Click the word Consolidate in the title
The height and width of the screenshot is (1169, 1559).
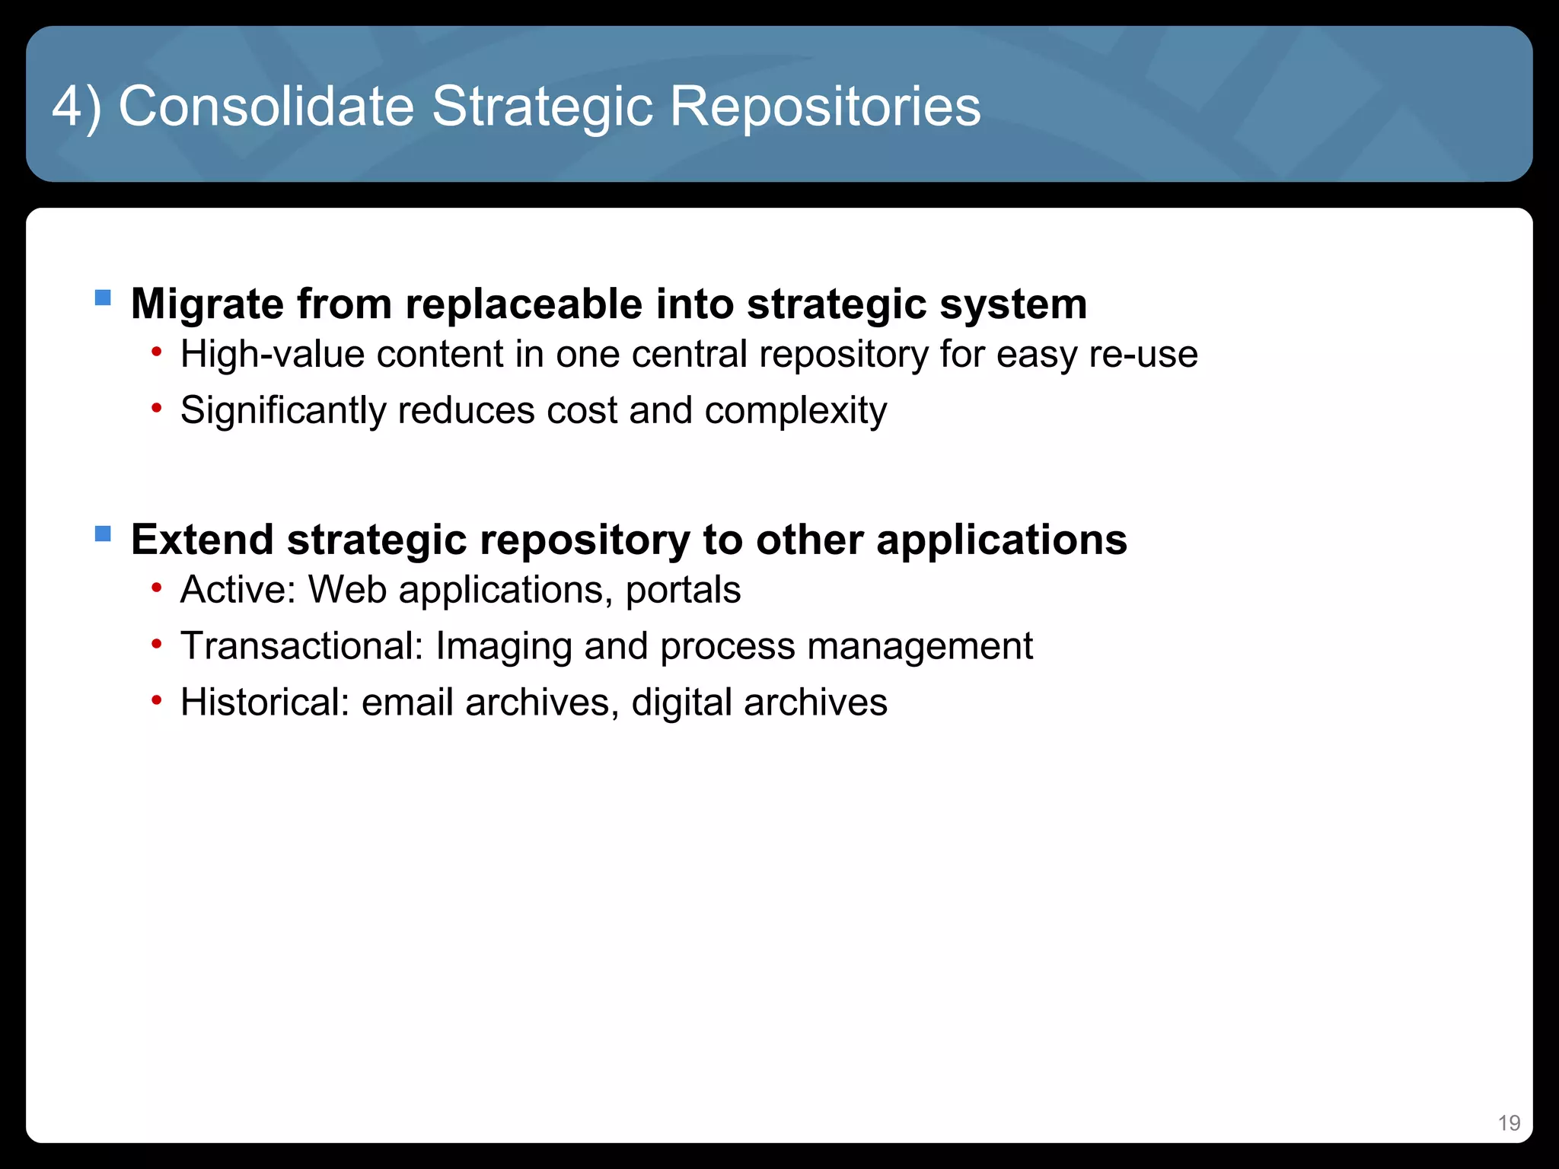pos(266,107)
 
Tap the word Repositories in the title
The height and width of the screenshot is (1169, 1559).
pos(825,107)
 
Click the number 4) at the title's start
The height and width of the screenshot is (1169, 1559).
pos(76,107)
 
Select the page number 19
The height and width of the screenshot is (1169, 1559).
pos(1509,1123)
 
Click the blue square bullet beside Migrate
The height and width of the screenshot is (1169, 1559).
pos(103,298)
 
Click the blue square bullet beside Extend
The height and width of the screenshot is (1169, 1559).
pos(103,534)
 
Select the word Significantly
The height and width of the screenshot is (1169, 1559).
pos(282,411)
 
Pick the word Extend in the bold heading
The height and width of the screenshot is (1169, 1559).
pos(202,540)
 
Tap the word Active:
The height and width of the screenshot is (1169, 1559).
pos(238,590)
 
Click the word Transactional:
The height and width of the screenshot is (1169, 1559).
pos(301,646)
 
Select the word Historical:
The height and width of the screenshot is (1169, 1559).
pos(264,702)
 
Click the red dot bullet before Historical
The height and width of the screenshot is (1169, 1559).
pos(157,700)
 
